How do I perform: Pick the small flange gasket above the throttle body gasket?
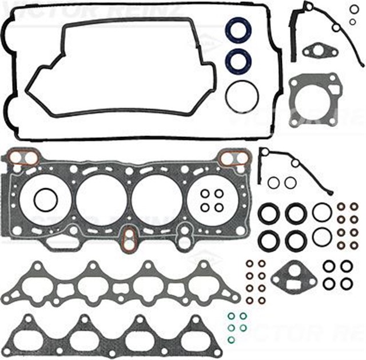point(317,53)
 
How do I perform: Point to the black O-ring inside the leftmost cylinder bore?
point(43,201)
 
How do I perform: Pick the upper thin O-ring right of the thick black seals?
point(322,212)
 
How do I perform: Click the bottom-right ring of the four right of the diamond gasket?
point(347,283)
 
